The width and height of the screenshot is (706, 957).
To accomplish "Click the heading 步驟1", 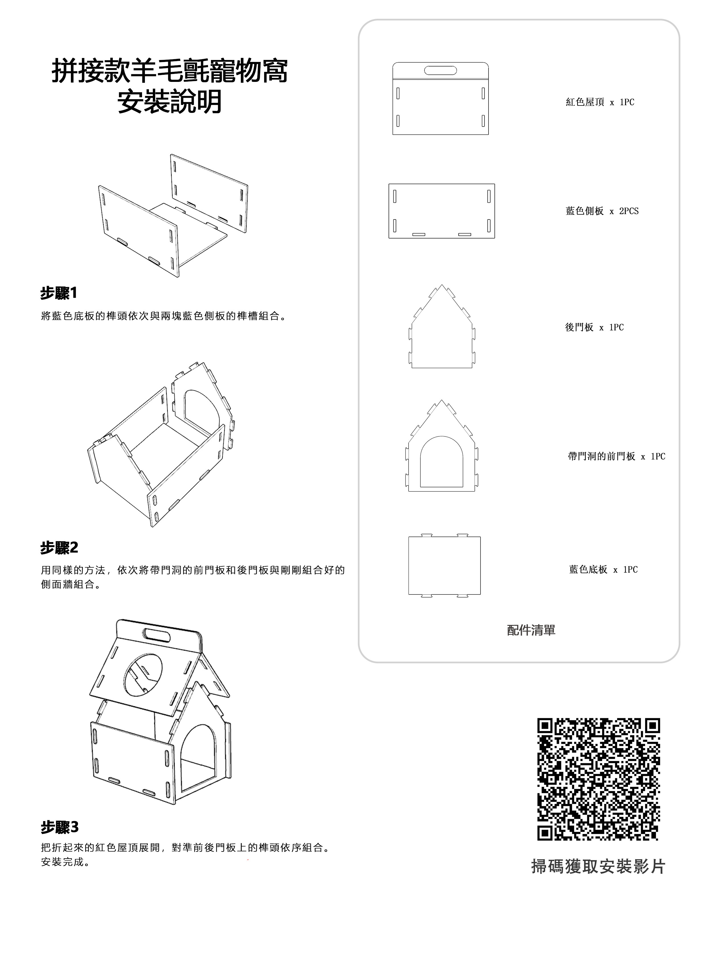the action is [59, 293].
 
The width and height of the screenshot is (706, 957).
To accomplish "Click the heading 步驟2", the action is [59, 547].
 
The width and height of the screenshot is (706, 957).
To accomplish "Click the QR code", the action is [598, 779].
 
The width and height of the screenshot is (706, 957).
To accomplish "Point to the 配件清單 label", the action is [531, 630].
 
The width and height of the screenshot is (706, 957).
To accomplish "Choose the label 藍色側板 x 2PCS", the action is [602, 211].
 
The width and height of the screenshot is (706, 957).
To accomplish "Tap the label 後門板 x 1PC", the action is [594, 328].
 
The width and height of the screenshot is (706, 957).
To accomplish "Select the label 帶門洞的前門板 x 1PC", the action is [616, 456].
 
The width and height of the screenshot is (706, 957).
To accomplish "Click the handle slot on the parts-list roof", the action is [440, 70].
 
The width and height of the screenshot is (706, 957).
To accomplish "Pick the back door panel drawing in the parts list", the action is [442, 333].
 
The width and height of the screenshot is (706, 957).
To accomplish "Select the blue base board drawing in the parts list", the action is [444, 565].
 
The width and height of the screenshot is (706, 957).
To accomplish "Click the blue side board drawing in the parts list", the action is [442, 211].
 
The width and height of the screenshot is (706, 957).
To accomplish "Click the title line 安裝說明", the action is [170, 101].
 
